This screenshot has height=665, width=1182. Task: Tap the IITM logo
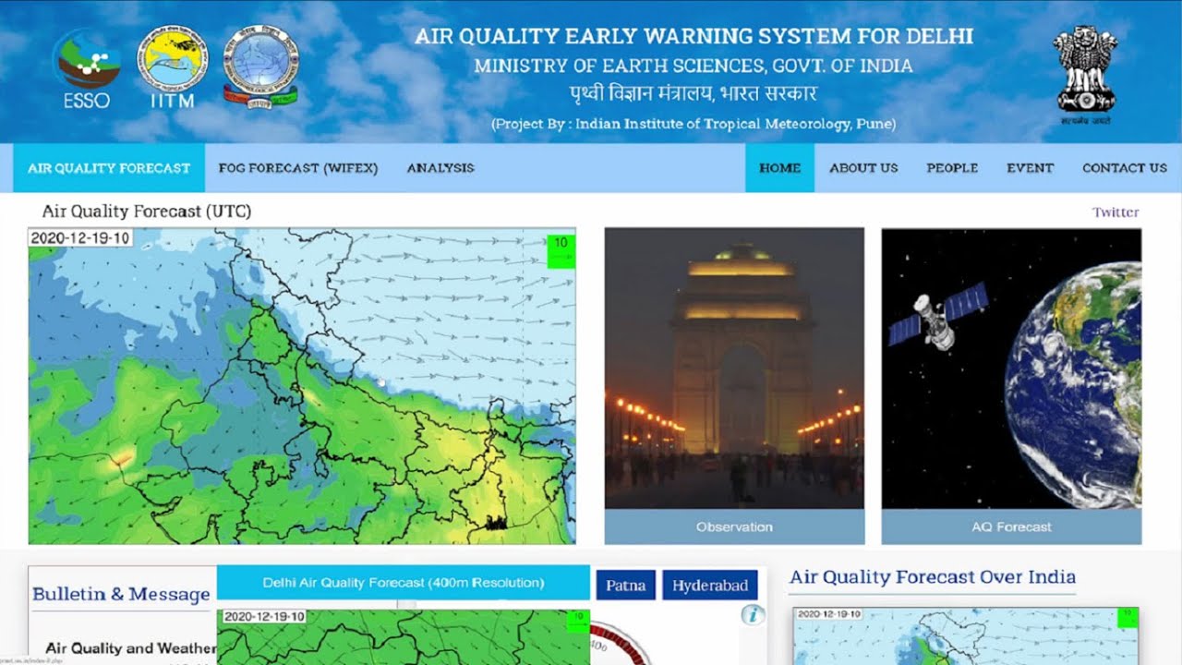click(173, 65)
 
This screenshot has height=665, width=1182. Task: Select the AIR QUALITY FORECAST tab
click(109, 168)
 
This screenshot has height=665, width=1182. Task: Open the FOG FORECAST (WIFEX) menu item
click(298, 168)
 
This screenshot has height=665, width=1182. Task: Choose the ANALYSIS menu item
click(440, 168)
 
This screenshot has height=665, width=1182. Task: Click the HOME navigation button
click(779, 168)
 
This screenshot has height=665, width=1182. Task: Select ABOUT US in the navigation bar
click(863, 168)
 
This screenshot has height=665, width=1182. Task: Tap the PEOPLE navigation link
click(952, 168)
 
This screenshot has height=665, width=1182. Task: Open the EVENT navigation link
click(1030, 168)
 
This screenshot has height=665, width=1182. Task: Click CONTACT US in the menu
click(1124, 168)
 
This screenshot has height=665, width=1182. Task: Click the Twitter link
click(1116, 212)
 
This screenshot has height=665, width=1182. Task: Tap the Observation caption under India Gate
click(734, 527)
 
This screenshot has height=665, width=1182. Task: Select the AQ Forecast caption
click(1011, 527)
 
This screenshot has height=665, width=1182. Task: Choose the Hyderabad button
click(710, 586)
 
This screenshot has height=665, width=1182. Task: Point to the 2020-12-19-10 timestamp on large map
click(80, 238)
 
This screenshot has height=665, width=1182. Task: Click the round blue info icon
click(753, 614)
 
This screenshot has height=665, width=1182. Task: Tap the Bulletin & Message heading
click(121, 595)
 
